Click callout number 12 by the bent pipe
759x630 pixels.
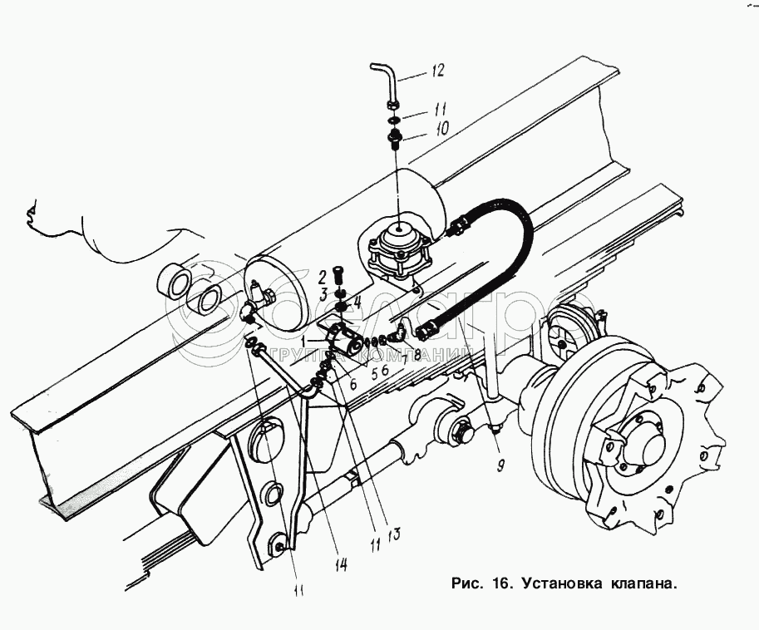[x=436, y=71]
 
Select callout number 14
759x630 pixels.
[x=340, y=563]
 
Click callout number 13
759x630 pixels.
[x=393, y=533]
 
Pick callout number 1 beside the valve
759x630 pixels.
[x=306, y=340]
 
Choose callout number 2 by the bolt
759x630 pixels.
[x=320, y=277]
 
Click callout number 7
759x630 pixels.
[x=405, y=359]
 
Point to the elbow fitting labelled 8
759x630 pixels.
[x=398, y=333]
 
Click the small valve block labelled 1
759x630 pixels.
[x=342, y=342]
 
